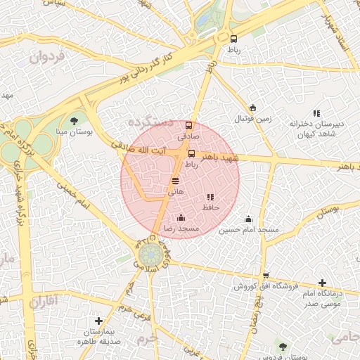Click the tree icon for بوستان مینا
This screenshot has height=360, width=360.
point(74,122)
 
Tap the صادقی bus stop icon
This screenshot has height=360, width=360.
point(187,125)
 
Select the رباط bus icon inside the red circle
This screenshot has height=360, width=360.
point(191,153)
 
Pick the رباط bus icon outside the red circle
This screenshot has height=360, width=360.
point(233,39)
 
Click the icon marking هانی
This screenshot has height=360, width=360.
point(174,181)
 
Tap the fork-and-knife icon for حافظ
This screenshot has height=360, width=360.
point(210,198)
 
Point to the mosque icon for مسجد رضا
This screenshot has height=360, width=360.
point(181,218)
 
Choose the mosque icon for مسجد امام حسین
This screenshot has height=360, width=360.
point(248,219)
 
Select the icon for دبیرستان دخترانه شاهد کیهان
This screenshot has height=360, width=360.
point(316,112)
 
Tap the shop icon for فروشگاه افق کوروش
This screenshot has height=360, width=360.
point(265,276)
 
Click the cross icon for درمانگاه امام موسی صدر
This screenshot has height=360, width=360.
point(321,282)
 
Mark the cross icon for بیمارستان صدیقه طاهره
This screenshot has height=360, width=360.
point(98,321)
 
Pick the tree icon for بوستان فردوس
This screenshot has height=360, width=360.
point(283,347)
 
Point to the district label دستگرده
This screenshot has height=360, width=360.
point(150,122)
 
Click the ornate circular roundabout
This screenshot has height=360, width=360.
point(149,254)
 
